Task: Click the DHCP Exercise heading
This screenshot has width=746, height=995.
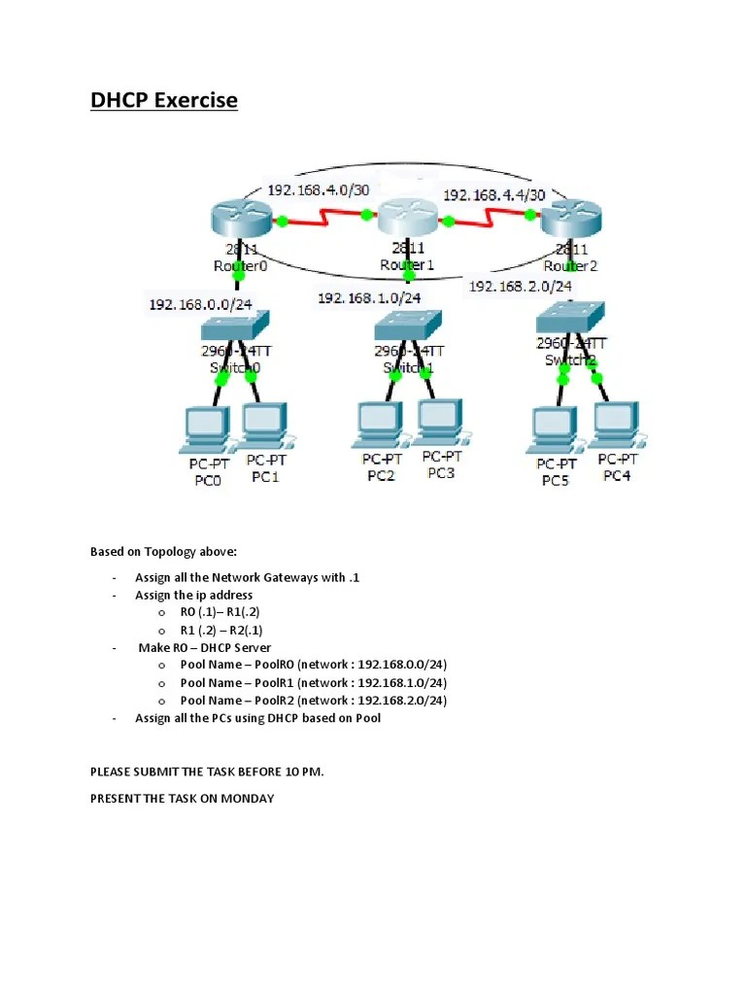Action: [x=164, y=100]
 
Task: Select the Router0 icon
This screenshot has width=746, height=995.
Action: [x=239, y=219]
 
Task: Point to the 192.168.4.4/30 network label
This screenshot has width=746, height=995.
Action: [x=499, y=194]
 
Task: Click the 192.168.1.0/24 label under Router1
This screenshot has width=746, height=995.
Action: [x=369, y=298]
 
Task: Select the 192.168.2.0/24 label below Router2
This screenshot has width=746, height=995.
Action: [x=521, y=286]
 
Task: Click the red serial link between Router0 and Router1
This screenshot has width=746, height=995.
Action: [x=323, y=221]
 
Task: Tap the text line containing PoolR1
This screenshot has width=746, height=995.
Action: [x=313, y=682]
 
